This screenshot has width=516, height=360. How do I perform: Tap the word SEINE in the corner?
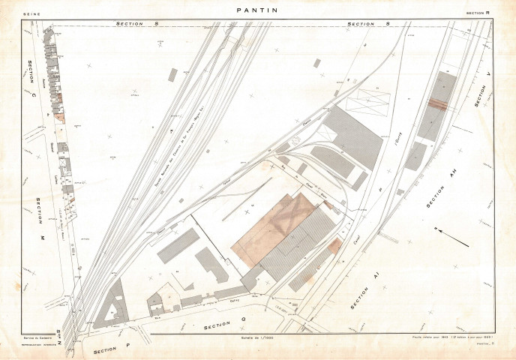[31, 13]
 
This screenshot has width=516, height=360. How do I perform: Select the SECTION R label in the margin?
[476, 13]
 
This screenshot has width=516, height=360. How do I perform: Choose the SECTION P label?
[112, 350]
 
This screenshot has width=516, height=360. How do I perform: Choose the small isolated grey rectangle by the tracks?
[172, 74]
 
